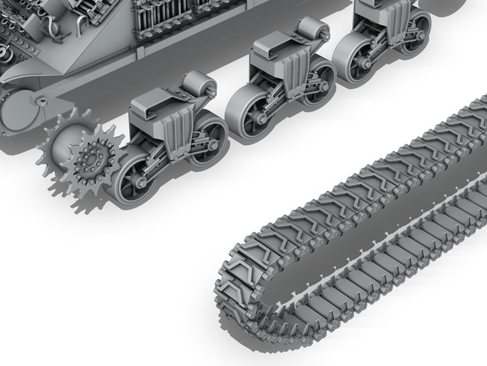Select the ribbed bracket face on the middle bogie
click(295, 71)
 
